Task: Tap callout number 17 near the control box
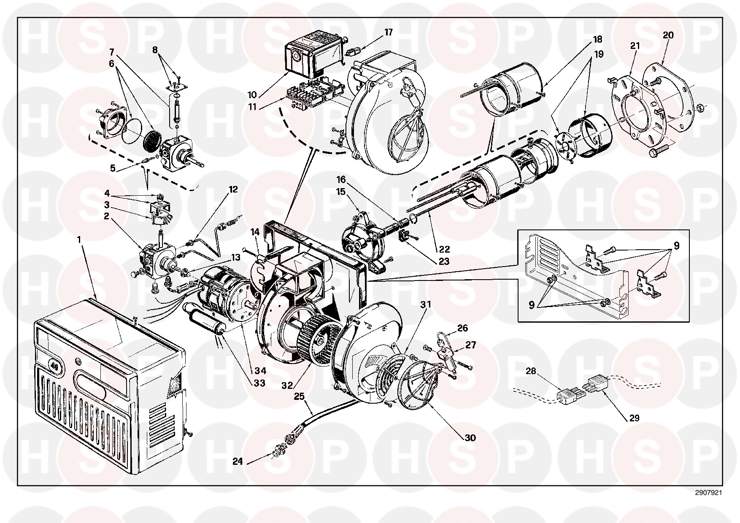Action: tap(389, 32)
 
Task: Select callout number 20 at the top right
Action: tap(668, 35)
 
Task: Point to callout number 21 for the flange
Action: tap(635, 46)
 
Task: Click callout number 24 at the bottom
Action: tap(238, 462)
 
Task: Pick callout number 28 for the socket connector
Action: tap(531, 371)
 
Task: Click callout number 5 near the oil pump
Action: tap(113, 168)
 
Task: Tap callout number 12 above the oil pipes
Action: tap(233, 189)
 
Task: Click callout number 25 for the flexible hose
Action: tap(299, 396)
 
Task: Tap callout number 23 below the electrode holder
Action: tap(444, 261)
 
